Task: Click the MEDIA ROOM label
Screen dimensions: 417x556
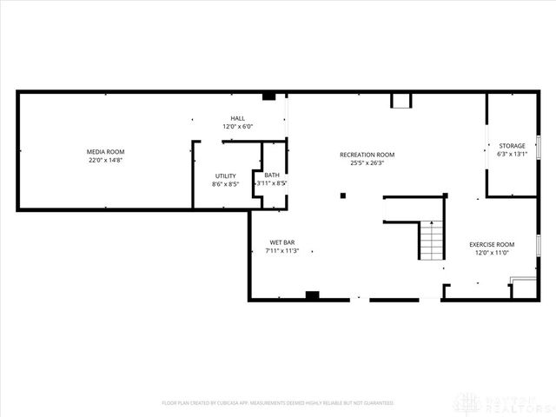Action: click(106, 152)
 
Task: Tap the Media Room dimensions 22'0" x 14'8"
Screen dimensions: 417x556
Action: click(106, 161)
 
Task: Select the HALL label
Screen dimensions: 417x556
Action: click(237, 118)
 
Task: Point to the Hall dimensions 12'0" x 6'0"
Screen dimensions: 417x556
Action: click(237, 127)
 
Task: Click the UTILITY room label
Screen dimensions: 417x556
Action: click(225, 175)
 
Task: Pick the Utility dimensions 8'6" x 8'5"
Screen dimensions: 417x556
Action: click(225, 184)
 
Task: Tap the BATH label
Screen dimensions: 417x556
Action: click(272, 175)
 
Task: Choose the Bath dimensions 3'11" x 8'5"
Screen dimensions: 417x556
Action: click(272, 183)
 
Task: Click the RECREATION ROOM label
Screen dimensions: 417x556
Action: click(367, 155)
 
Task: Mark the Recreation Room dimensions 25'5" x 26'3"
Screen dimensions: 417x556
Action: click(367, 163)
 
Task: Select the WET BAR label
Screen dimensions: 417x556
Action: click(282, 242)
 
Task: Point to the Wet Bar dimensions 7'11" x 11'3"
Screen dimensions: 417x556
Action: click(282, 251)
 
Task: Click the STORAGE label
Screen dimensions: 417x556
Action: click(512, 145)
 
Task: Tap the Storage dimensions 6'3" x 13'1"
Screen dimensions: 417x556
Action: click(512, 154)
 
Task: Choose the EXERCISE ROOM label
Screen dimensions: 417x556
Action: click(492, 244)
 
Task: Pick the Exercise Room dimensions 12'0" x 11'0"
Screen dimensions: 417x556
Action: click(492, 253)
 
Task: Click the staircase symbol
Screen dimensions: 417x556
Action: click(431, 241)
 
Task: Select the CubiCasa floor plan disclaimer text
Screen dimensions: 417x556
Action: click(278, 403)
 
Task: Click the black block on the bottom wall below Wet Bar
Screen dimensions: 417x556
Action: click(313, 295)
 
